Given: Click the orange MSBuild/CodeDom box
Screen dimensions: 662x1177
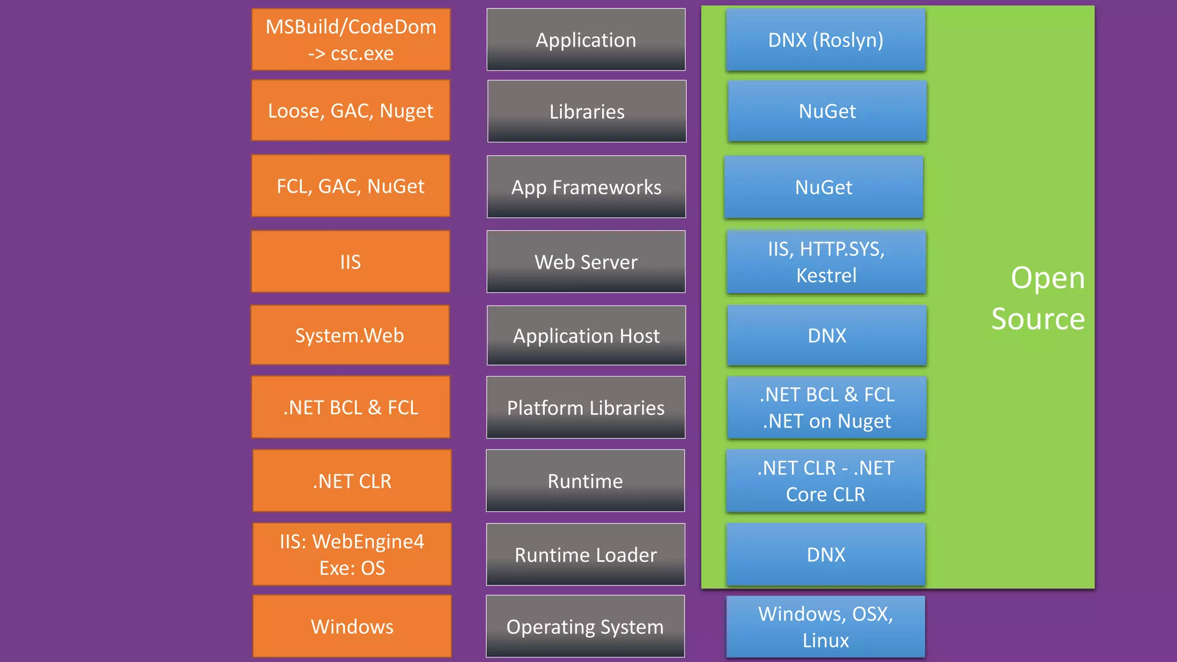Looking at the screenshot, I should point(351,40).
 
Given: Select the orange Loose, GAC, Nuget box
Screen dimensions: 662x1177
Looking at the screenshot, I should point(351,110).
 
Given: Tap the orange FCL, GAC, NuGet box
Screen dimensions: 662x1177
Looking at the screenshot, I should point(351,186).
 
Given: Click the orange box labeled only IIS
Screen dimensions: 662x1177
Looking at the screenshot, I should point(351,262).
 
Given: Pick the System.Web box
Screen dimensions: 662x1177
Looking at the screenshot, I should point(349,336).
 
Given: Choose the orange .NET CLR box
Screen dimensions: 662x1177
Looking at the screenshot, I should point(352,481).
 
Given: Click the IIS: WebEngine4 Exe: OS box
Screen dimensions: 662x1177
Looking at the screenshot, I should point(352,555).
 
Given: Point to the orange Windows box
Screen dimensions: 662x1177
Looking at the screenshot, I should point(352,626).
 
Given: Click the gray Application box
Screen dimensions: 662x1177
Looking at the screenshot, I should point(586,40).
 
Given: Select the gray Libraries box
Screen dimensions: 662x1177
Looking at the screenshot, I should point(587,111).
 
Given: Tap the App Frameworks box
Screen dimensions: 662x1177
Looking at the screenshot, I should point(586,187).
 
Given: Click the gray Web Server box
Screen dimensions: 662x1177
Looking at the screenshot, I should point(586,262).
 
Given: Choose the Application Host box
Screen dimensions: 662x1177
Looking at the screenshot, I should point(586,336).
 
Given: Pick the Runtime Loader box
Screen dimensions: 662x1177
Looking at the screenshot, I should point(585,555).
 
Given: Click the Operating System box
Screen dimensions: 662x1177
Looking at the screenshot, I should point(585,626).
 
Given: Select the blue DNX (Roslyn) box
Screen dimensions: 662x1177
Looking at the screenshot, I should point(826,40).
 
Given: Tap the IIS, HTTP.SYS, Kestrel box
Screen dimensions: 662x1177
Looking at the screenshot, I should point(826,262).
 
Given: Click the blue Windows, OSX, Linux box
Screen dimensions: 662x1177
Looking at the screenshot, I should point(826,626).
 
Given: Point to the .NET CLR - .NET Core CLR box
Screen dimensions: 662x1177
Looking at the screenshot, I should point(826,481).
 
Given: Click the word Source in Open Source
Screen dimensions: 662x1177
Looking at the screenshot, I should point(1038,319).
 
